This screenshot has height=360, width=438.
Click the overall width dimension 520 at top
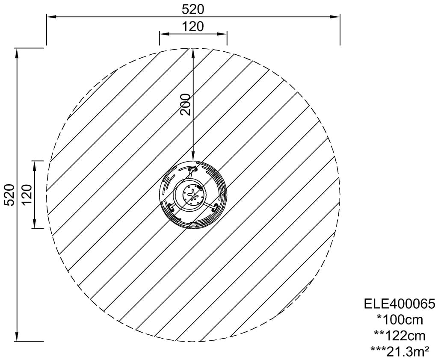point(193,10)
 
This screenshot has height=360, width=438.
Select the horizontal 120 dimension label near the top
point(193,27)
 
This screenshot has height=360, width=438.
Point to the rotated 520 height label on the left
point(10,195)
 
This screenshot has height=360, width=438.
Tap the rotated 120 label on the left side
point(27,195)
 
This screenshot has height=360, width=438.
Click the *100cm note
point(400,320)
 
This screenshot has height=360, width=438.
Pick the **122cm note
point(400,336)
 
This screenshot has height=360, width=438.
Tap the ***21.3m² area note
point(400,351)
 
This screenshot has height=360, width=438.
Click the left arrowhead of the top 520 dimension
point(51,17)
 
